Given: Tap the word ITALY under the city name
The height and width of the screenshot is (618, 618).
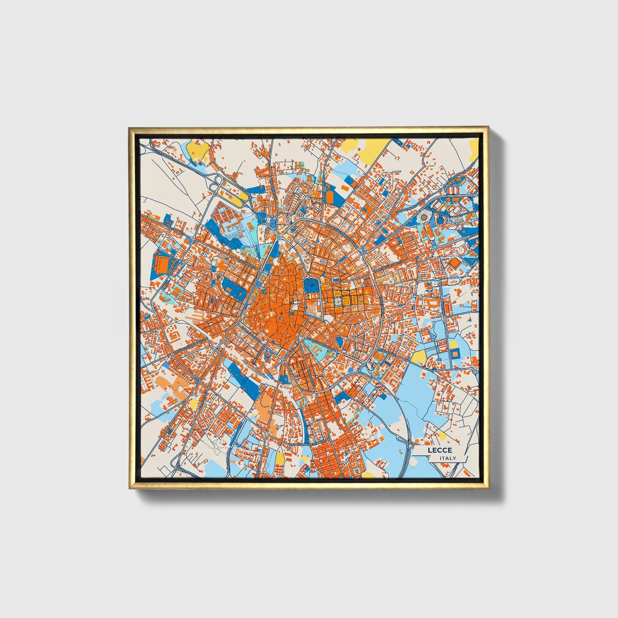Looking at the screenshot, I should click(448, 458).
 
